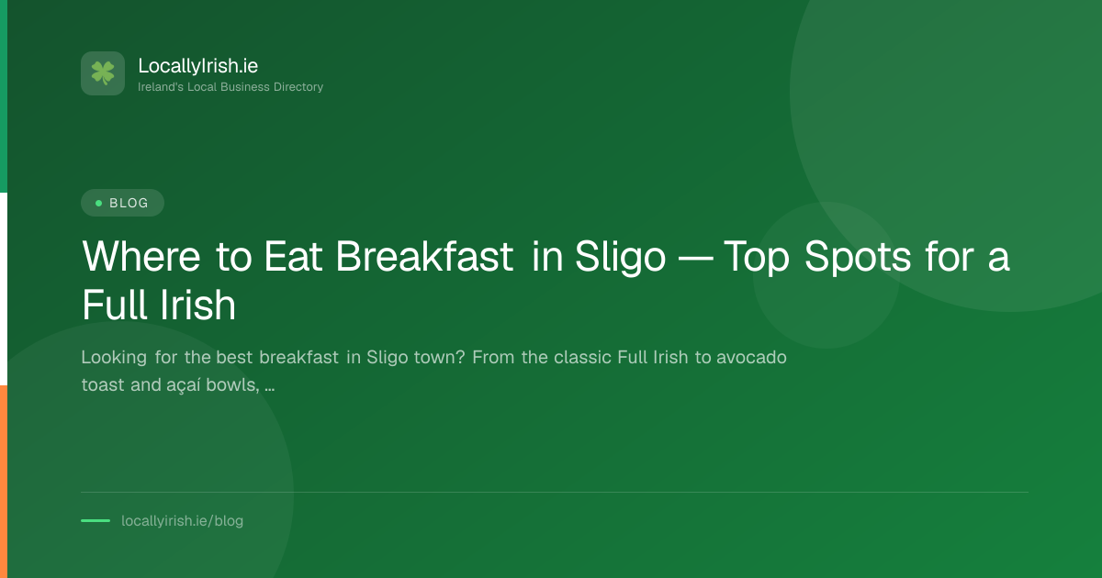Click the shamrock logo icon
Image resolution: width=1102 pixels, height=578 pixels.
click(x=103, y=73)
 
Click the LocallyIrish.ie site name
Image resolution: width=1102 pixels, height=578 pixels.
click(x=197, y=66)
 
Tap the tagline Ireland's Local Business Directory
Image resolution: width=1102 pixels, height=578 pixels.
click(x=231, y=87)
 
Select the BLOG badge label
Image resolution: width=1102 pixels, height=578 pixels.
click(x=129, y=203)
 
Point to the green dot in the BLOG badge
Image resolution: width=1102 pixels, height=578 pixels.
click(x=98, y=203)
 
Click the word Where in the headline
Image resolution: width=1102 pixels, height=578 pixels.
click(x=141, y=256)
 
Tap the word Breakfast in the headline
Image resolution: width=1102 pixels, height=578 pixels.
click(x=424, y=256)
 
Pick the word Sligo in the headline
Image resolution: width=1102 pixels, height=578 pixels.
click(x=620, y=257)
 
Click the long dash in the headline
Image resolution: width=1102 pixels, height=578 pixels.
click(x=694, y=258)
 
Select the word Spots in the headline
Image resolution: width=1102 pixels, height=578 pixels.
click(x=858, y=257)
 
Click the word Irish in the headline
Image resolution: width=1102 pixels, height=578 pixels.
click(x=197, y=306)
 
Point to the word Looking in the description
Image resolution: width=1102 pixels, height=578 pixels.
click(x=114, y=358)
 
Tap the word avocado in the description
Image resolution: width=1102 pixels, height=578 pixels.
click(x=751, y=357)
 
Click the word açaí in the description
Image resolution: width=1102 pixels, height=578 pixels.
click(x=184, y=385)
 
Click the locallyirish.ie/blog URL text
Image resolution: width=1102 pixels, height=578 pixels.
click(x=182, y=521)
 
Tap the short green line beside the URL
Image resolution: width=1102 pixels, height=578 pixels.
click(x=96, y=520)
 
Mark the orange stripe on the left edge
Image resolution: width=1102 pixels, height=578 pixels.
click(x=4, y=482)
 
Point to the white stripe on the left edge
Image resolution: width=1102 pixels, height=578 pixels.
click(x=4, y=289)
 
